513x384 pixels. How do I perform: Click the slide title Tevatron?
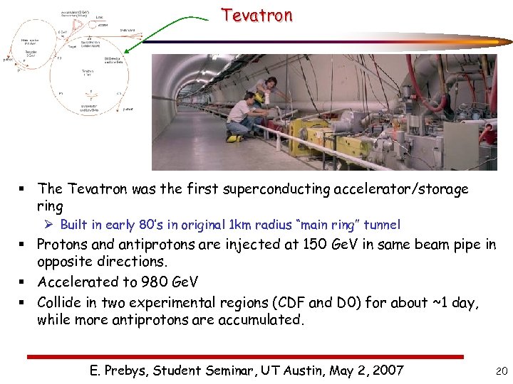coord(256,15)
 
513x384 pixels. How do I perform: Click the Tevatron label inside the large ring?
coord(88,73)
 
